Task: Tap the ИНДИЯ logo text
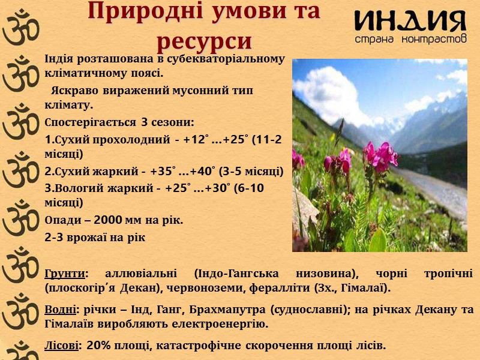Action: pos(410,22)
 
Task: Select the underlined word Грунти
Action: pos(64,274)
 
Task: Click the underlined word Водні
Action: pos(61,310)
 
